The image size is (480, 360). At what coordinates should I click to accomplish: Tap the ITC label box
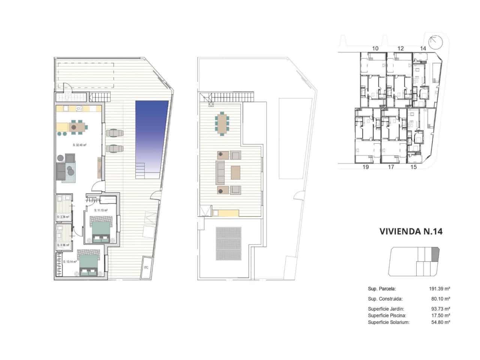tap(146, 267)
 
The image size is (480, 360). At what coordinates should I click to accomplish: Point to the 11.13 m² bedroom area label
tap(101, 210)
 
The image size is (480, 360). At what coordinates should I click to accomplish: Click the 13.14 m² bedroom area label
tap(70, 262)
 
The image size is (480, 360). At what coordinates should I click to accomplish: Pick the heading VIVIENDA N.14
tap(411, 231)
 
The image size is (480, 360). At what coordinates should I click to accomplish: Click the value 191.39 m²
tap(439, 289)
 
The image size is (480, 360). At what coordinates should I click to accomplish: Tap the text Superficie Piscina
tap(387, 316)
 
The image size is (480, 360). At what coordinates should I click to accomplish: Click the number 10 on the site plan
tap(375, 48)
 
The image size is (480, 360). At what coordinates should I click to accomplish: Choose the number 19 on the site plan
tap(366, 167)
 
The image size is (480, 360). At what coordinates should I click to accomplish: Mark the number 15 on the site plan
tap(414, 167)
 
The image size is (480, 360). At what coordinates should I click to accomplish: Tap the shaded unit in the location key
tap(435, 255)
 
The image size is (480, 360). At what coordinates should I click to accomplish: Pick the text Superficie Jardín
tap(386, 309)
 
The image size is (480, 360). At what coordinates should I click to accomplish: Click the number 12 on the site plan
tap(400, 48)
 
